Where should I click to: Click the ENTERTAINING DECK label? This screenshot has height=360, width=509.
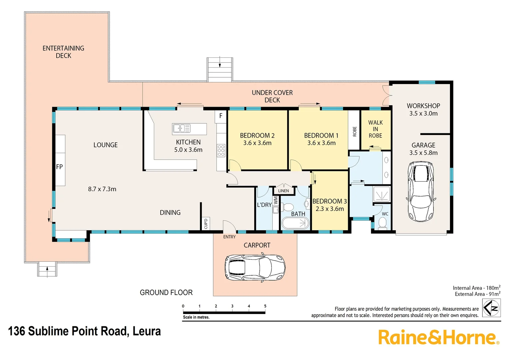point(63,52)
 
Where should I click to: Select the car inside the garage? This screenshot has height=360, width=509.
point(421,192)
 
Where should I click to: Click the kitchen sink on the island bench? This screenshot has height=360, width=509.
point(182,128)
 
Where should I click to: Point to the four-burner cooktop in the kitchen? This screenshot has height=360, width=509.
point(221,151)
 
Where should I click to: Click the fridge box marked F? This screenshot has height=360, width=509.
point(221,116)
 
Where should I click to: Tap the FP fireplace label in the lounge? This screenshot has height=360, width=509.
point(59,167)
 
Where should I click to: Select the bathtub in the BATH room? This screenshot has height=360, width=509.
point(295,223)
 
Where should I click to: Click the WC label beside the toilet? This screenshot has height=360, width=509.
point(385,214)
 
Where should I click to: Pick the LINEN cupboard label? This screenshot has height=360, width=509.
point(283,191)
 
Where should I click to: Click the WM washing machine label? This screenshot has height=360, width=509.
point(276,200)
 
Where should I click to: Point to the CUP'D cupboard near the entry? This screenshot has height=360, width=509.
point(206,223)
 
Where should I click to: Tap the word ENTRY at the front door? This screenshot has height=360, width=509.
point(229,237)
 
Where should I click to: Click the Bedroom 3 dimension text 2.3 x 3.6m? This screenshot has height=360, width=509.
point(329,209)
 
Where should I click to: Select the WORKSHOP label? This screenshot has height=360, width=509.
point(423,106)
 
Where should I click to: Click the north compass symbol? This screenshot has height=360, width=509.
point(491,308)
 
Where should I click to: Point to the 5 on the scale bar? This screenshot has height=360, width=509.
point(265,306)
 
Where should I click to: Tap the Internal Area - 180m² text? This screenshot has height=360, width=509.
point(476,288)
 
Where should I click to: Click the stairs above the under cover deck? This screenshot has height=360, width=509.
point(220,70)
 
